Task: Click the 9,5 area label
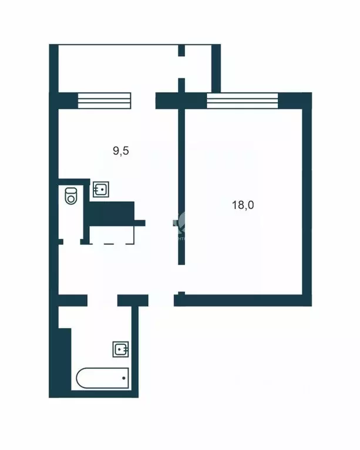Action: pos(120,151)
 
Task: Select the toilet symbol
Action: pos(70,195)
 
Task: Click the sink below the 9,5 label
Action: pos(100,190)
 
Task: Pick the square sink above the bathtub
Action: pos(121,350)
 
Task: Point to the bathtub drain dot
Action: pos(123,378)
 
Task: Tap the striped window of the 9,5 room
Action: pos(103,100)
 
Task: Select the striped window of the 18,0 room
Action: pos(242,101)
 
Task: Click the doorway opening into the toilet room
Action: pos(70,241)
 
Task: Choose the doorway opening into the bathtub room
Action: pos(102,300)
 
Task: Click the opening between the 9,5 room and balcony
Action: pos(144,100)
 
